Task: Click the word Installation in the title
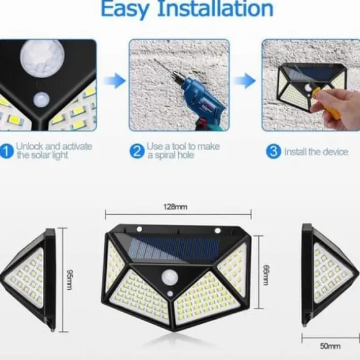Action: coord(215,9)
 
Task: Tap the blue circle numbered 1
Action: coord(6,151)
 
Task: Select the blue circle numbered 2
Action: coord(137,151)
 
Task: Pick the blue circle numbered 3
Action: coord(273,151)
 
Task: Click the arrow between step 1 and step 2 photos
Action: coord(115,81)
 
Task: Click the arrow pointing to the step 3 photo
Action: coord(245,81)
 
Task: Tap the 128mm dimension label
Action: coord(176,207)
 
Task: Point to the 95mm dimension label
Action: coord(70,279)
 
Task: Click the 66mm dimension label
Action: coord(266,275)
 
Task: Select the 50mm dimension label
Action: coord(330,346)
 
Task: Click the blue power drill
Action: coord(202,103)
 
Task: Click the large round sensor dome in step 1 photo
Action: coord(42,57)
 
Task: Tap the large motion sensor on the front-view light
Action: coord(170,277)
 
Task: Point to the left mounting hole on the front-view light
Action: coord(139,229)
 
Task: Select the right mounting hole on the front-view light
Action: coord(217,230)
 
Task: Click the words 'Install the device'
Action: coord(316,152)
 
